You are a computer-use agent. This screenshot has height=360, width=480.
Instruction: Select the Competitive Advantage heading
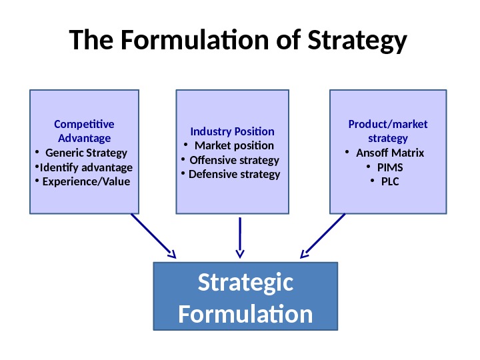pos(84,131)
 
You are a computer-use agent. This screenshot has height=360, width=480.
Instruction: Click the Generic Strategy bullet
pos(86,153)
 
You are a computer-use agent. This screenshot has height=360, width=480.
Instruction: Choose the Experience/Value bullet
pos(85,181)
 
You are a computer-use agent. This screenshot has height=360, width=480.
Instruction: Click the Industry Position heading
pos(232,131)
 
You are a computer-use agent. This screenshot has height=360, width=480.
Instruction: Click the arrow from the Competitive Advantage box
pos(154,235)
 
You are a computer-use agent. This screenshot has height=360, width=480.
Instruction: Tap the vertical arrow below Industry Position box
pos(239,237)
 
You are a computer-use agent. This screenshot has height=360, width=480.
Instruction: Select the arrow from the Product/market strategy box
pos(323,235)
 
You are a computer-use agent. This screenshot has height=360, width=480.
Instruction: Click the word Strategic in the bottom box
pos(245,283)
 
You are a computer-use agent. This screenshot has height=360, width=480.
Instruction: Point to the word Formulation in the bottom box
pos(245,313)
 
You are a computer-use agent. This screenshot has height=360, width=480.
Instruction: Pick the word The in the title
pos(91,41)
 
